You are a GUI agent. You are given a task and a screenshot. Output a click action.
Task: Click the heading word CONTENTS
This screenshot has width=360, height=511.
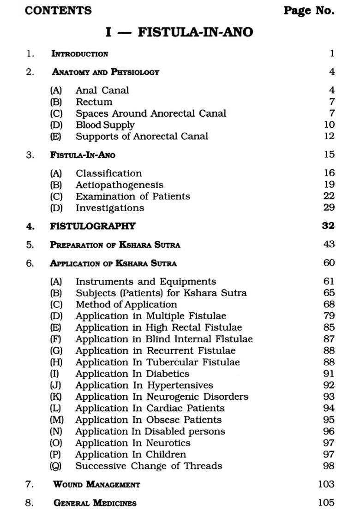click(x=58, y=11)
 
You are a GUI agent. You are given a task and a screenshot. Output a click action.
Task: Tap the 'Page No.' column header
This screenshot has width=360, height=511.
click(x=309, y=11)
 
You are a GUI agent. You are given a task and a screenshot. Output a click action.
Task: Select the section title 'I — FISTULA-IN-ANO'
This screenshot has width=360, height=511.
click(x=179, y=32)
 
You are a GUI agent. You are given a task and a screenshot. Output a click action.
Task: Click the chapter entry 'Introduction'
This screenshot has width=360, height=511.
click(x=79, y=54)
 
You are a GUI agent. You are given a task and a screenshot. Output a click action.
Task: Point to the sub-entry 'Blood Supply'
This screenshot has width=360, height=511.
click(x=105, y=125)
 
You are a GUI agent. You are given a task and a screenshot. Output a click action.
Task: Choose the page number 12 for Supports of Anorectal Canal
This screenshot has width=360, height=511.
click(x=329, y=137)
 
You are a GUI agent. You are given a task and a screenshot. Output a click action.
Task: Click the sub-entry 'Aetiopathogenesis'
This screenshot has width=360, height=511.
click(x=120, y=185)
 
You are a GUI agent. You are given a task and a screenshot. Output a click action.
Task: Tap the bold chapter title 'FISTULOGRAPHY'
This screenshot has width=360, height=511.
click(x=93, y=226)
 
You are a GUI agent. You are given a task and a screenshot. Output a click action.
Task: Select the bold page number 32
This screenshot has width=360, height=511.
click(x=329, y=226)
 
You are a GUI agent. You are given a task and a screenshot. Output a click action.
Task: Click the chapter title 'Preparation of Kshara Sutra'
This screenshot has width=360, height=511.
click(x=115, y=245)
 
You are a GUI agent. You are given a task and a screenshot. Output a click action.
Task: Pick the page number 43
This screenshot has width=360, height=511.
click(x=329, y=245)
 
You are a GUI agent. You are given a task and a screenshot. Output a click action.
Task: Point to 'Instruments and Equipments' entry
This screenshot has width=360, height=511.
click(x=146, y=281)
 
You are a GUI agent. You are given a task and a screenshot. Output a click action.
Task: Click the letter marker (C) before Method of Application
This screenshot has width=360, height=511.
click(x=56, y=305)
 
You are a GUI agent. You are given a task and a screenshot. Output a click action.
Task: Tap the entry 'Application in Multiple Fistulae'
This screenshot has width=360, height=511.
click(x=151, y=316)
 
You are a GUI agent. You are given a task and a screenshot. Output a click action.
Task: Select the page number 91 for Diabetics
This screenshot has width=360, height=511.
click(x=329, y=374)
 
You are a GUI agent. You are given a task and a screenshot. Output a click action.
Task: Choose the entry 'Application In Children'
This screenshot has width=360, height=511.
click(x=131, y=455)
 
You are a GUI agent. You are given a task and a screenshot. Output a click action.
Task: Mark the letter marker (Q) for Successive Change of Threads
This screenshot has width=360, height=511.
click(x=56, y=466)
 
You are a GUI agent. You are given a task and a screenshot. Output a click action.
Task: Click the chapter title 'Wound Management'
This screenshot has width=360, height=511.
click(x=96, y=484)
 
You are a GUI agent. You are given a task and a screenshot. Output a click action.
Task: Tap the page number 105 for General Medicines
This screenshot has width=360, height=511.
click(x=326, y=503)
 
